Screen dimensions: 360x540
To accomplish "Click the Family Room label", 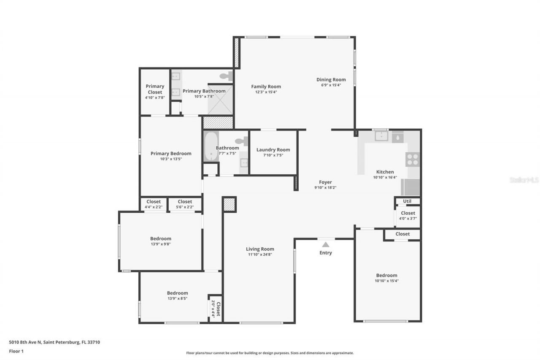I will pyautogui.click(x=266, y=87).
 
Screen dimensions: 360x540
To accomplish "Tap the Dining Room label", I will pyautogui.click(x=331, y=79).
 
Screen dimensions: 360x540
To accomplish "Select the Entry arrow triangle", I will pyautogui.click(x=325, y=244).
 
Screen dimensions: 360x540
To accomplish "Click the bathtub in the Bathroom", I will pyautogui.click(x=211, y=146).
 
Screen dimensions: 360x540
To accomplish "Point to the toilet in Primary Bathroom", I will pyautogui.click(x=227, y=76).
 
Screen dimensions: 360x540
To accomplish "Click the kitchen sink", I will pyautogui.click(x=381, y=136).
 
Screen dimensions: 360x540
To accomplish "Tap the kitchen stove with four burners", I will pyautogui.click(x=413, y=159).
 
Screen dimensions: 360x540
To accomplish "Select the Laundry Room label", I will pyautogui.click(x=273, y=150).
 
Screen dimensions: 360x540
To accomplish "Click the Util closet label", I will pyautogui.click(x=407, y=201).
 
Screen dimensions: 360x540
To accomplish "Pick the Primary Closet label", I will pyautogui.click(x=155, y=89).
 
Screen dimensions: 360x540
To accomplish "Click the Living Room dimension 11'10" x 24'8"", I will pyautogui.click(x=260, y=254).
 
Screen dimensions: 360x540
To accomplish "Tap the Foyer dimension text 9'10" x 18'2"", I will pyautogui.click(x=325, y=188).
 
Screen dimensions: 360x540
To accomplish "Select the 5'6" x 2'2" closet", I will pyautogui.click(x=185, y=204).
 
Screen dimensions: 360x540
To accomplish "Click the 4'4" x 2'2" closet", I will pyautogui.click(x=153, y=204).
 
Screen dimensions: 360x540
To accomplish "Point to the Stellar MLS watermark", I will pyautogui.click(x=524, y=180).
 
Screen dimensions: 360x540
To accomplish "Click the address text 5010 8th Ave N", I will pyautogui.click(x=54, y=342).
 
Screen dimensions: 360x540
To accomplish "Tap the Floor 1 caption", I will pyautogui.click(x=16, y=351).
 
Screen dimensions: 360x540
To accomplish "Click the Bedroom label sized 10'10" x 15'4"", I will pyautogui.click(x=386, y=275).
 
